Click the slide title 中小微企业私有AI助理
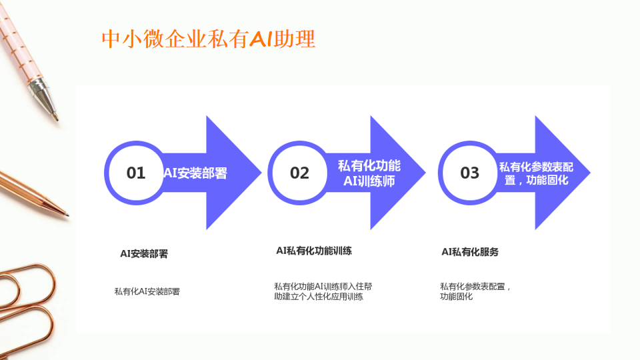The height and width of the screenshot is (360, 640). click(x=209, y=39)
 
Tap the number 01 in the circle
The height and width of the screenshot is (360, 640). click(x=136, y=173)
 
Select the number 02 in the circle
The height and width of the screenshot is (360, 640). click(x=299, y=173)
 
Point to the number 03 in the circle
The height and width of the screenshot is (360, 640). click(x=470, y=173)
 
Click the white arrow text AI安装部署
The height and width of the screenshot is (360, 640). click(x=195, y=173)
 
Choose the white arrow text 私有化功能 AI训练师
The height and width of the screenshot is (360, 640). click(x=369, y=173)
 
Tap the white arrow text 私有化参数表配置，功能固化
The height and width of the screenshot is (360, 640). click(x=536, y=173)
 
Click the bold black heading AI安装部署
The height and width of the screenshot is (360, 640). click(x=144, y=253)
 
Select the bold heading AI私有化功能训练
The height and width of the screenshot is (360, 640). click(x=314, y=251)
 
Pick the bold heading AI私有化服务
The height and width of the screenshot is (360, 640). click(x=470, y=252)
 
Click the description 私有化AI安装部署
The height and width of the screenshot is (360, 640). click(x=147, y=291)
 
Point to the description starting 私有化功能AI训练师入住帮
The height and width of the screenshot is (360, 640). click(x=323, y=291)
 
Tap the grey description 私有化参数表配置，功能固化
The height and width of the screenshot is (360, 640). click(x=475, y=291)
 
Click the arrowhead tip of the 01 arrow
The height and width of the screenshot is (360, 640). click(x=261, y=173)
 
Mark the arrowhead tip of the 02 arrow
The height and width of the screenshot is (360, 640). click(x=425, y=173)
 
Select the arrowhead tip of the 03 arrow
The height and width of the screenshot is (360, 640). click(x=590, y=173)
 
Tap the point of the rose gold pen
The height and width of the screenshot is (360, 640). click(x=68, y=214)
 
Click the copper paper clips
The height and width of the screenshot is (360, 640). click(x=27, y=310)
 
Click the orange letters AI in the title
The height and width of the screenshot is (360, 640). click(x=261, y=39)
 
